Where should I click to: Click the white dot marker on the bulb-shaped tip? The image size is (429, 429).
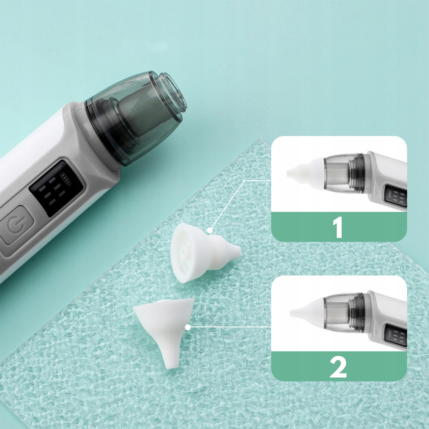pyautogui.click(x=210, y=230)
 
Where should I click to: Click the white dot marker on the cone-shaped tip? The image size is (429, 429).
pyautogui.click(x=188, y=327)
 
